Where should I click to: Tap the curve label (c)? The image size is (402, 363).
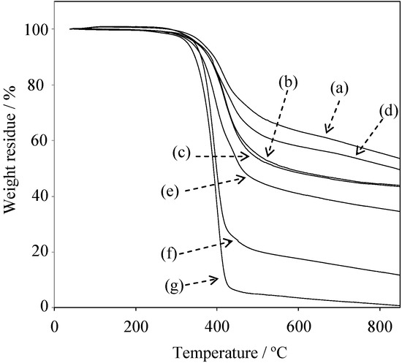pos(183,155)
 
